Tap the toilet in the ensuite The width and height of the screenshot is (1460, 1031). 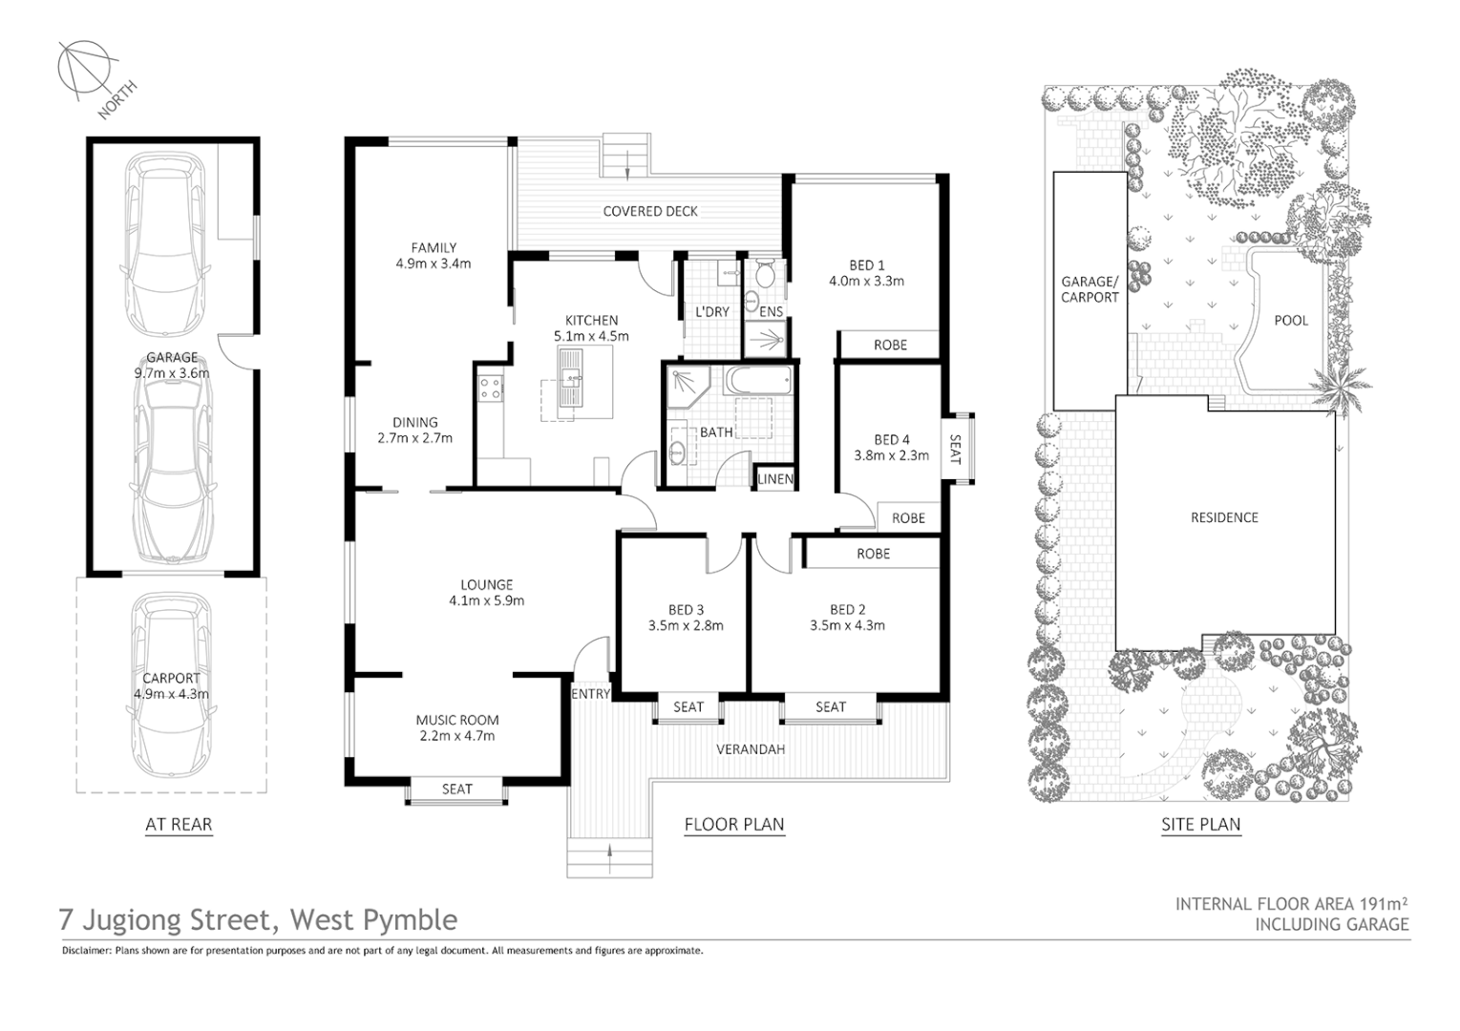pos(764,277)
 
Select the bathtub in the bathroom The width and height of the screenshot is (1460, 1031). pos(758,382)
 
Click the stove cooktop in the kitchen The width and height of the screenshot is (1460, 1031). pos(491,389)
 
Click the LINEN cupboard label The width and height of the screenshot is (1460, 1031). pos(775,478)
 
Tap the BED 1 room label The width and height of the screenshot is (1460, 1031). pos(866,265)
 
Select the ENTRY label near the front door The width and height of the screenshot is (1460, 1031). pos(590,694)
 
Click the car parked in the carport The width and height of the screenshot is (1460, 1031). pos(172,684)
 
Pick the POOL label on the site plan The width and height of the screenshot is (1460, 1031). pos(1291,320)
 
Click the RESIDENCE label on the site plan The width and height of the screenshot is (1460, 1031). pos(1224,517)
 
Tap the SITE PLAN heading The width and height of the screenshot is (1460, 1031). pos(1200,825)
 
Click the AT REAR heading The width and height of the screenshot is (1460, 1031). pos(179,825)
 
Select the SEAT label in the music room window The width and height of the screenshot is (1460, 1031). pos(456,789)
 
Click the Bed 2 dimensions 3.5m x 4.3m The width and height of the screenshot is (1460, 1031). pos(847,625)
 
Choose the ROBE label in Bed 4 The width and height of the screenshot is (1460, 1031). pos(908,517)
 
